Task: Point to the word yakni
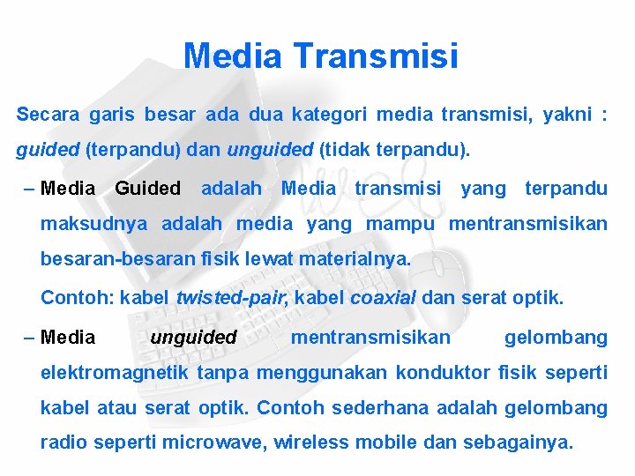[567, 115]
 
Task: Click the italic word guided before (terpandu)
[48, 151]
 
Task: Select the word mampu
[400, 224]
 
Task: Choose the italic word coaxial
[384, 298]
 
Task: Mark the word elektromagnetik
[115, 373]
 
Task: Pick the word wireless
[305, 443]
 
